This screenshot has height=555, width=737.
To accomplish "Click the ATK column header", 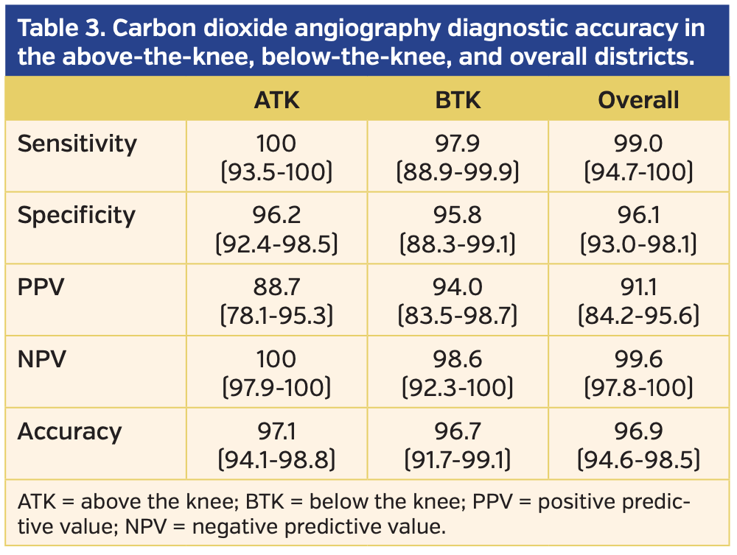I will tap(276, 99).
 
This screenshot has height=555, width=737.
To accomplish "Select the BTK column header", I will tap(458, 99).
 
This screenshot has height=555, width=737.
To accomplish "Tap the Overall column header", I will tap(638, 99).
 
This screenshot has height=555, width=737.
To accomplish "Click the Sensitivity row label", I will tap(77, 144).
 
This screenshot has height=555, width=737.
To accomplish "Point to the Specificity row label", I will tap(77, 216).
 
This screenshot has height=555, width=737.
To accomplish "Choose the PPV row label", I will tap(41, 287).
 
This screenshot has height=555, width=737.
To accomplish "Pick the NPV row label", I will tap(42, 359).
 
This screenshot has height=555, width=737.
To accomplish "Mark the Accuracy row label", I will tap(69, 431).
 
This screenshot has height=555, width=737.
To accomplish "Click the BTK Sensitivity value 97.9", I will tap(458, 144).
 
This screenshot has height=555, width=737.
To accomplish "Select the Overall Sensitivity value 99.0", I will tap(638, 144).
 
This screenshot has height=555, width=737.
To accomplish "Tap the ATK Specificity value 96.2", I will tap(276, 216).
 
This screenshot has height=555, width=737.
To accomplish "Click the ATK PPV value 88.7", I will tap(276, 287).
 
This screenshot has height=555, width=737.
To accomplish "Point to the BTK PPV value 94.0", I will tap(458, 287).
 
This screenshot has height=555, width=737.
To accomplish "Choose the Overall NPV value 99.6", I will tap(638, 359).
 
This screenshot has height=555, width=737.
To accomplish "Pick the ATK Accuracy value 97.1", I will tap(276, 431).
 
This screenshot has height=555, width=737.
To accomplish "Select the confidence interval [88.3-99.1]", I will tap(458, 244).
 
